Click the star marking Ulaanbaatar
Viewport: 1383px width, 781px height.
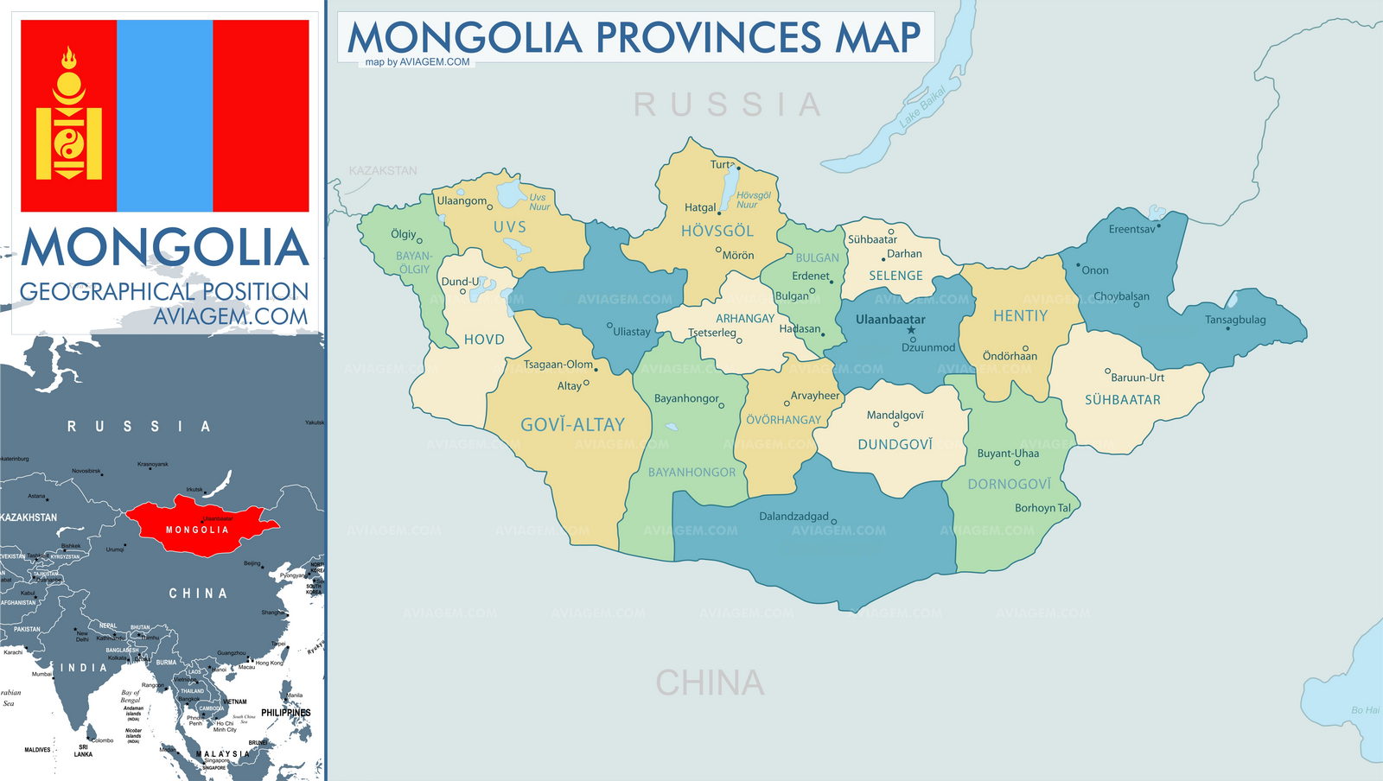[x=911, y=330]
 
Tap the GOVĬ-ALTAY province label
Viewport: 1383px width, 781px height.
[x=572, y=425]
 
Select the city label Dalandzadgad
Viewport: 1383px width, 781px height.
[x=793, y=517]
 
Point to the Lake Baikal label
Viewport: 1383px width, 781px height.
[x=922, y=108]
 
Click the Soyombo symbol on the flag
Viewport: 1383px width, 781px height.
[x=68, y=116]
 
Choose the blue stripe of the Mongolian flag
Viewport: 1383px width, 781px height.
[x=164, y=116]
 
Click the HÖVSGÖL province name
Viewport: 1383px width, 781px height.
[x=717, y=232]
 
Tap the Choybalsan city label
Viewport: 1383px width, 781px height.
[x=1121, y=296]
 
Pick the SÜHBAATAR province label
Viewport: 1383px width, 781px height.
[x=1123, y=400]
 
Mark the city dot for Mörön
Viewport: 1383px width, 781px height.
[x=718, y=250]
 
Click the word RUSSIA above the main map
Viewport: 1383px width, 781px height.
[x=728, y=105]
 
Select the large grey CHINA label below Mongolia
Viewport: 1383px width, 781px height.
[x=710, y=683]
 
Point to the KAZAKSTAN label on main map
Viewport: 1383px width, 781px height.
[x=383, y=171]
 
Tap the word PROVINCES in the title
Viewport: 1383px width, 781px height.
[x=708, y=38]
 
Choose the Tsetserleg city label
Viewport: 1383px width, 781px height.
[x=712, y=333]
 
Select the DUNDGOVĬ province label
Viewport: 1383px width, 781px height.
[x=895, y=445]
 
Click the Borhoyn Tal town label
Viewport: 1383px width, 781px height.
[x=1042, y=508]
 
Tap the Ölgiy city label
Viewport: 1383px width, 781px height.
[x=404, y=234]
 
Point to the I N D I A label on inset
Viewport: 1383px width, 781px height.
[x=84, y=668]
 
